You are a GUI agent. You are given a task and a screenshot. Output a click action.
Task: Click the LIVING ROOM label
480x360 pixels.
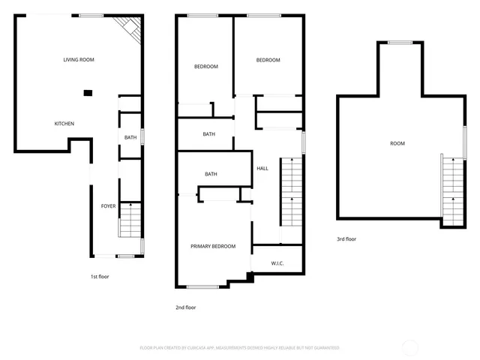click(78, 59)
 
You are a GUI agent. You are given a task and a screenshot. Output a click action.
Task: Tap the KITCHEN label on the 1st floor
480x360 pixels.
click(64, 124)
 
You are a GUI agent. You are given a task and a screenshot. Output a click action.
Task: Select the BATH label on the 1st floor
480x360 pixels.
click(130, 137)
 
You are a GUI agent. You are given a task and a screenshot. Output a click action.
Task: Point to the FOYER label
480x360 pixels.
click(109, 205)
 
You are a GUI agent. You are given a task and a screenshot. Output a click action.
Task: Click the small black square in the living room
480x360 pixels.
click(88, 93)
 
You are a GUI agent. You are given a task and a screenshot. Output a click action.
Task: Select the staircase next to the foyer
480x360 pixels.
click(130, 220)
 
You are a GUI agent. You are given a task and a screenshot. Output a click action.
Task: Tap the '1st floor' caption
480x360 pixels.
click(100, 277)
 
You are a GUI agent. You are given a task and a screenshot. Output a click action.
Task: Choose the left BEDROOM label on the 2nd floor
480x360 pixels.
click(205, 67)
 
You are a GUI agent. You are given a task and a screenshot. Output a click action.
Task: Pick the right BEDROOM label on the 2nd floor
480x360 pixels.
click(268, 61)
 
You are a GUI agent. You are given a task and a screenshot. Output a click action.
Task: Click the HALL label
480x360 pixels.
click(262, 169)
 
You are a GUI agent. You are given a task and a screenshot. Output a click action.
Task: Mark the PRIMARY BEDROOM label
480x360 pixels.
click(213, 246)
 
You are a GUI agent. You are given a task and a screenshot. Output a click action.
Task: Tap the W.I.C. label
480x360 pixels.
click(277, 263)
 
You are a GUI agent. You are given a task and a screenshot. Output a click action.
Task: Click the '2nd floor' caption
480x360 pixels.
click(185, 307)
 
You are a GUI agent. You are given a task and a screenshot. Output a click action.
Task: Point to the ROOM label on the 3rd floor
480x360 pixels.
click(397, 143)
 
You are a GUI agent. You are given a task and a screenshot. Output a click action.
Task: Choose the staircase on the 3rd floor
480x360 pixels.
click(453, 191)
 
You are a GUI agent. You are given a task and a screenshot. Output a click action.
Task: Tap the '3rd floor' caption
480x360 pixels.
click(346, 239)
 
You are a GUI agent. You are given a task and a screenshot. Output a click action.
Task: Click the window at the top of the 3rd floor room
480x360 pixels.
click(400, 43)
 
